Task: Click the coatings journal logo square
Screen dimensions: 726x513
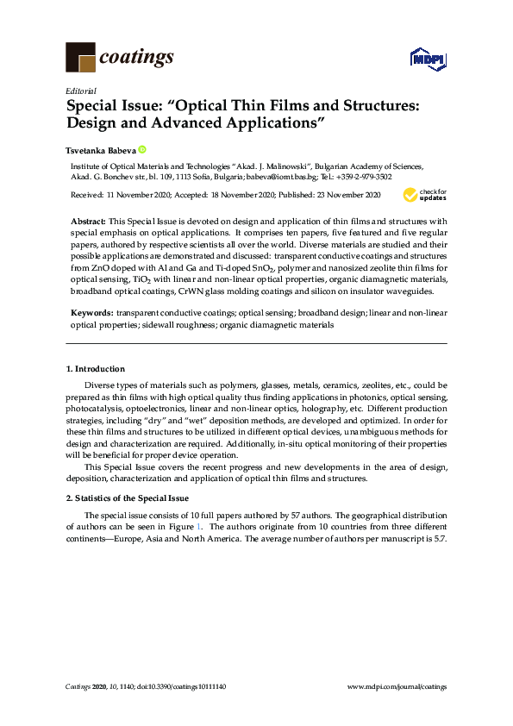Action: coord(80,57)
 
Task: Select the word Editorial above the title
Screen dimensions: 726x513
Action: coord(80,91)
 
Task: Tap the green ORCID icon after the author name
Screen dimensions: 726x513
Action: coord(142,148)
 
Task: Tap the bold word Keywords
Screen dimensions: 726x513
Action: coord(91,312)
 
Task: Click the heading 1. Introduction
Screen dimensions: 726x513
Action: coord(96,368)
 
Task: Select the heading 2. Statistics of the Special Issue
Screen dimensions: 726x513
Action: coord(128,498)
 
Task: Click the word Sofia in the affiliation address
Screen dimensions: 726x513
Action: coord(199,177)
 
